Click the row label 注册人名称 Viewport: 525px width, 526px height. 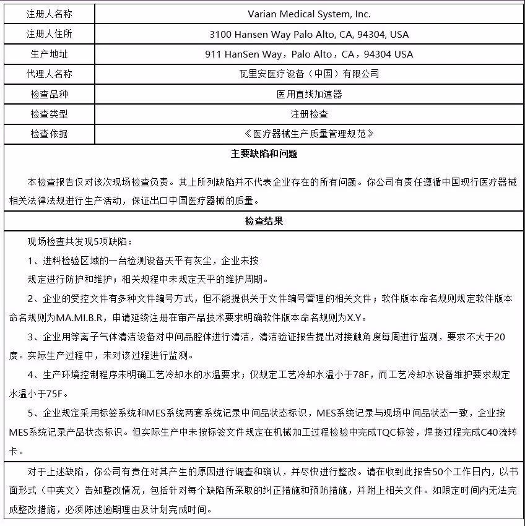pos(50,14)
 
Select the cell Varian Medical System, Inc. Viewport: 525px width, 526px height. pos(309,14)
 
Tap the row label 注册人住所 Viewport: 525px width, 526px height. pos(50,33)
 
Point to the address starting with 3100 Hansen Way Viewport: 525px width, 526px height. pos(309,34)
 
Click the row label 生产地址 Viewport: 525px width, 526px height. pos(50,54)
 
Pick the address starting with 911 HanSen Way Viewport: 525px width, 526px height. pos(309,54)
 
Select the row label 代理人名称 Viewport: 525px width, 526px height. pos(50,74)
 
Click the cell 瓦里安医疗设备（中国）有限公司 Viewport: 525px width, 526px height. pos(309,74)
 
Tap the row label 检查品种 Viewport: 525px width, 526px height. pos(50,94)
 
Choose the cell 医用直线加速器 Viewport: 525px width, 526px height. pos(309,94)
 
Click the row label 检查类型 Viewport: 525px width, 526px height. pos(50,114)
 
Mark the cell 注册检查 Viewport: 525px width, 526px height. pos(309,114)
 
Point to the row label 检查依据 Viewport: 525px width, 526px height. pos(50,134)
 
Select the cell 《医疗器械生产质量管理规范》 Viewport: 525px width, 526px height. pos(309,134)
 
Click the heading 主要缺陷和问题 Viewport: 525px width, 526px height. pos(264,153)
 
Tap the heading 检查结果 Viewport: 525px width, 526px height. pos(264,221)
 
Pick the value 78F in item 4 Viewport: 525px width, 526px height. pos(365,375)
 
